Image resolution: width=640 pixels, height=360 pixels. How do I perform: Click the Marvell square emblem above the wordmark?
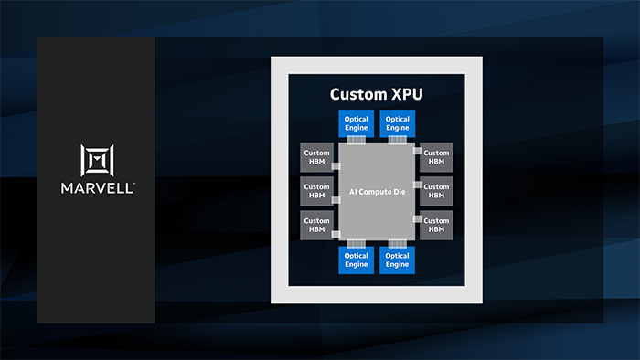click(x=96, y=162)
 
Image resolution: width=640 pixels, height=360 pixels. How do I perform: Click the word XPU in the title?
click(x=402, y=94)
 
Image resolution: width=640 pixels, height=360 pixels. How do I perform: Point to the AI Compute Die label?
click(x=377, y=192)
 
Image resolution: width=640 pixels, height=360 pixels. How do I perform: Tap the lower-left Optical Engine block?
click(x=356, y=260)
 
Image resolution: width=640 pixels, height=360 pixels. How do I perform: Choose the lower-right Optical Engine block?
click(x=397, y=260)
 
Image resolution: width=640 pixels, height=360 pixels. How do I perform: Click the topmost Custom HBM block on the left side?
click(x=317, y=157)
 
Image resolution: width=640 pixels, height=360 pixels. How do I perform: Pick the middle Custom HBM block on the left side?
click(x=317, y=191)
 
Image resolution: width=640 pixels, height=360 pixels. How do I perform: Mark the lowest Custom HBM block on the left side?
click(x=317, y=226)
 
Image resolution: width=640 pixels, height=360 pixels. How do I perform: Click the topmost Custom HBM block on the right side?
click(x=436, y=157)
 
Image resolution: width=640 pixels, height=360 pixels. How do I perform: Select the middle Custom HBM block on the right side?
click(x=436, y=191)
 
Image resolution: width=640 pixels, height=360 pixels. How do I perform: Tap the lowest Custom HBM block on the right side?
click(x=436, y=226)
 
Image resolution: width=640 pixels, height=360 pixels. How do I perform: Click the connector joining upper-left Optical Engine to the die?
click(x=356, y=140)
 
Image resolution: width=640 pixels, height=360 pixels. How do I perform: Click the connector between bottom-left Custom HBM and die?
click(x=336, y=233)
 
